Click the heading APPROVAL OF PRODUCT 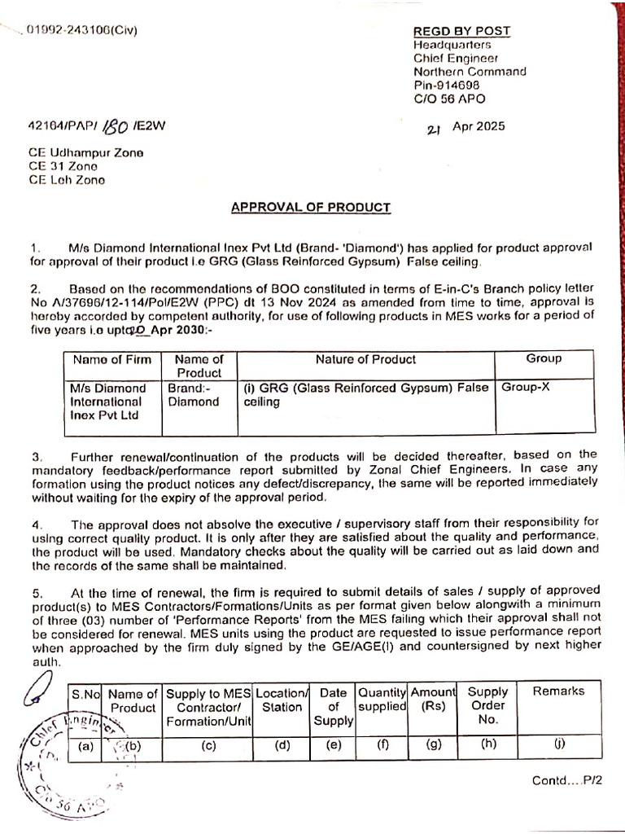pyautogui.click(x=311, y=207)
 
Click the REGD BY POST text pyautogui.click(x=461, y=31)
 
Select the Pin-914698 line pyautogui.click(x=446, y=84)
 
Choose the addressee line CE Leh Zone pyautogui.click(x=68, y=180)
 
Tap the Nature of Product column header pyautogui.click(x=365, y=359)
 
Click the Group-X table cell pyautogui.click(x=526, y=388)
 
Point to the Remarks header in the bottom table pyautogui.click(x=558, y=691)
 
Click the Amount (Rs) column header pyautogui.click(x=433, y=699)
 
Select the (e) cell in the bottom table pyautogui.click(x=333, y=744)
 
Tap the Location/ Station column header pyautogui.click(x=282, y=699)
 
